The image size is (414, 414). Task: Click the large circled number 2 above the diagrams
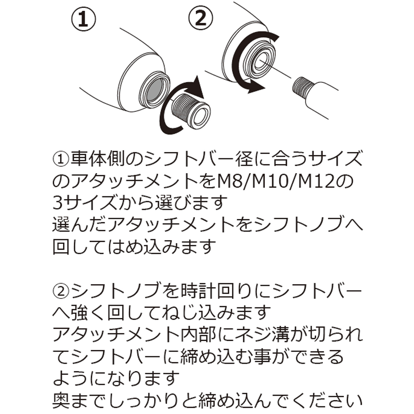pyautogui.click(x=202, y=18)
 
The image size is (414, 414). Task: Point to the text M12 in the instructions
pyautogui.click(x=327, y=181)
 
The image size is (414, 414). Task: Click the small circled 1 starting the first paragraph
pyautogui.click(x=61, y=159)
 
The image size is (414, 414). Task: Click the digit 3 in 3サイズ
pyautogui.click(x=58, y=203)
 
